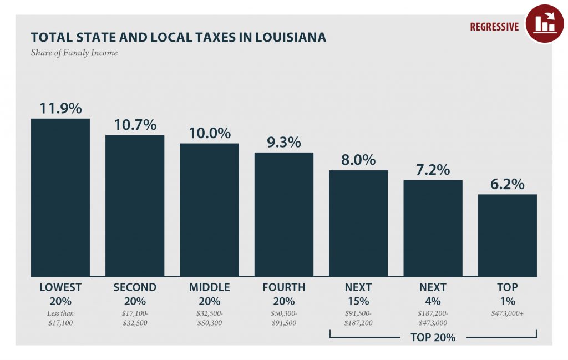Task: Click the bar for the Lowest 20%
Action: pyautogui.click(x=60, y=197)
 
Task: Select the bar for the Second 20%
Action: pyautogui.click(x=135, y=206)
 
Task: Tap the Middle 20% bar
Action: pyautogui.click(x=209, y=210)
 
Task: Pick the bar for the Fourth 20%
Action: pyautogui.click(x=283, y=215)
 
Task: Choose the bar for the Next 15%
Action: pyautogui.click(x=358, y=224)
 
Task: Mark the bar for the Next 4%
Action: pyautogui.click(x=433, y=229)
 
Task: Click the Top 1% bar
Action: pyautogui.click(x=507, y=235)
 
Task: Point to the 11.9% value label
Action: pyautogui.click(x=60, y=108)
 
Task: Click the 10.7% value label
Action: pyautogui.click(x=135, y=125)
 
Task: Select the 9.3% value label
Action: pyautogui.click(x=283, y=142)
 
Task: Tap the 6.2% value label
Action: pyautogui.click(x=507, y=184)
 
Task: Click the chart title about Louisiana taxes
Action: pyautogui.click(x=178, y=37)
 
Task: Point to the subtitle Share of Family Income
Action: pyautogui.click(x=74, y=53)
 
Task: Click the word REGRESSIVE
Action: pyautogui.click(x=494, y=27)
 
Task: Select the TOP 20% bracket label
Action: pyautogui.click(x=433, y=337)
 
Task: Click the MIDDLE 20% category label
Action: pyautogui.click(x=209, y=295)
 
